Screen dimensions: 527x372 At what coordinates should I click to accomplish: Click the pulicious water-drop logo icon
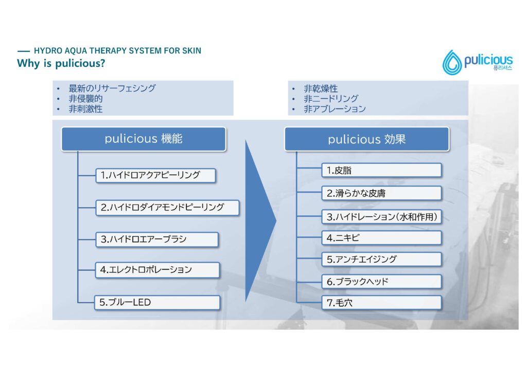[452, 63]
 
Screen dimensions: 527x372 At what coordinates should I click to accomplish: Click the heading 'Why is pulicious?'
[61, 63]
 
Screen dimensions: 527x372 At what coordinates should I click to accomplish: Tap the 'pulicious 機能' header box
[144, 139]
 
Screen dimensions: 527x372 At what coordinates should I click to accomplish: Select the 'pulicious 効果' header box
[366, 139]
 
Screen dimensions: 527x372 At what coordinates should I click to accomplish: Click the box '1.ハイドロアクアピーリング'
[155, 175]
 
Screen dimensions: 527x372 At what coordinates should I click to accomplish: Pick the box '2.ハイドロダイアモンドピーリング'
[167, 208]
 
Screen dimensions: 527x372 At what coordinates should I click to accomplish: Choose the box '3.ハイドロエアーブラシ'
[157, 239]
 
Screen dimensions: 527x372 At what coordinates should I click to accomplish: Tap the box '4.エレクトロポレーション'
[157, 270]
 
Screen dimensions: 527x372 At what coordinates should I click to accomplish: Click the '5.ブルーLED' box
[157, 303]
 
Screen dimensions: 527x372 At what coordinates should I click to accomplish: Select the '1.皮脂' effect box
[381, 171]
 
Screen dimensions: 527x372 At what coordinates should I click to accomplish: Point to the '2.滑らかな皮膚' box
[381, 193]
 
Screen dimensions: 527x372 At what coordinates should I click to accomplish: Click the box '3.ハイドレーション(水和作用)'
[381, 217]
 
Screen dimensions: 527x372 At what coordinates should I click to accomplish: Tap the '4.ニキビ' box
[381, 238]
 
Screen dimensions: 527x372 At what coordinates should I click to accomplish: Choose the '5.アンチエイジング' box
[381, 259]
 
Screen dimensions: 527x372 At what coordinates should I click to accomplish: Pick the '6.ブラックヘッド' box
[381, 282]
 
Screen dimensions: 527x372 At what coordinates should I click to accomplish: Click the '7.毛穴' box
[381, 303]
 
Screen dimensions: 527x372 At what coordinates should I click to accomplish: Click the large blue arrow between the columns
[260, 221]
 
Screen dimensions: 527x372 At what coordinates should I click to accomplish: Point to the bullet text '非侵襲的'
[86, 99]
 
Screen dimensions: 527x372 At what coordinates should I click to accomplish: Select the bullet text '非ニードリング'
[331, 99]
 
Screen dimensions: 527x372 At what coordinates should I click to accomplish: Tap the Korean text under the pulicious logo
[503, 68]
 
